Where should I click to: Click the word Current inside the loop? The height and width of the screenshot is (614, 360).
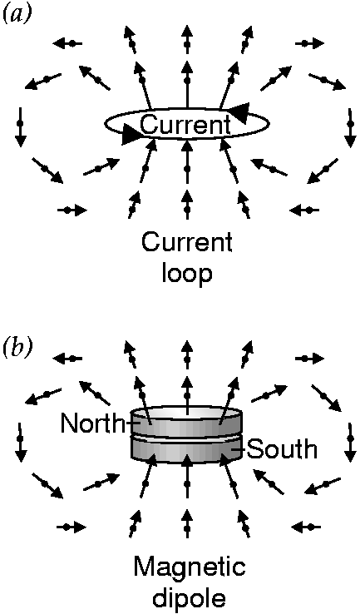[x=185, y=126]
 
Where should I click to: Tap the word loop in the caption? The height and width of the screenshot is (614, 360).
[x=187, y=273]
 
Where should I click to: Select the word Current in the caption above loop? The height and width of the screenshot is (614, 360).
[x=187, y=243]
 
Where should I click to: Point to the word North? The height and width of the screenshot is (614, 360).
[x=92, y=423]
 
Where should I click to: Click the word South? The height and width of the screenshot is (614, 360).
[x=282, y=449]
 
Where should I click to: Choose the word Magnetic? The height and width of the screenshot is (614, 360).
[x=190, y=567]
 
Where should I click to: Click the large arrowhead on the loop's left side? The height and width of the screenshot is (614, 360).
[x=132, y=134]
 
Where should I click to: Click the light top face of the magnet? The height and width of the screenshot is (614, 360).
[x=187, y=413]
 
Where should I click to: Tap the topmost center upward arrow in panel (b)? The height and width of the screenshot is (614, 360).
[x=187, y=353]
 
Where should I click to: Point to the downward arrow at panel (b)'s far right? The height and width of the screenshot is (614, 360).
[x=350, y=443]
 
